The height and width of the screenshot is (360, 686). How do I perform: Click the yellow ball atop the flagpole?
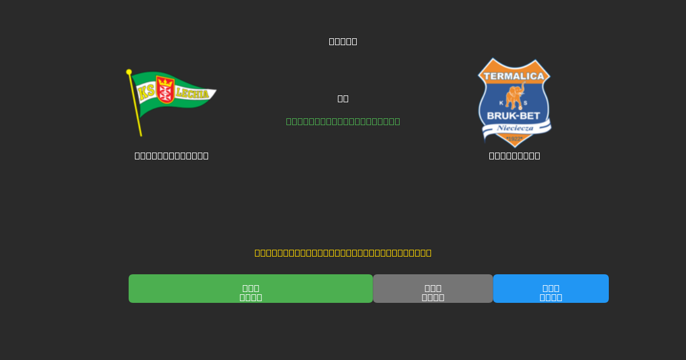point(129,72)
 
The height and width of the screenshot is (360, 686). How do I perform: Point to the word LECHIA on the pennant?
point(192,94)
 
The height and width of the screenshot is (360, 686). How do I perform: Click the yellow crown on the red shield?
point(165,82)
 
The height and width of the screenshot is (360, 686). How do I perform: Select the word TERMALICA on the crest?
point(514,76)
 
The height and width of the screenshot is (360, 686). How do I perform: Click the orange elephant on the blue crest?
point(515,95)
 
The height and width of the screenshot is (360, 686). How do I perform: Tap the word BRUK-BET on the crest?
point(513,116)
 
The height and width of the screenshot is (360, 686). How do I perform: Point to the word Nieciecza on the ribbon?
point(515,128)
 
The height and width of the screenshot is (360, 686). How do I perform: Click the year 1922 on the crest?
point(514,139)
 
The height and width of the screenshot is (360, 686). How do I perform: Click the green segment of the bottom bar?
point(250,289)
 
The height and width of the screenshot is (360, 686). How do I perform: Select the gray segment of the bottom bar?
point(433,289)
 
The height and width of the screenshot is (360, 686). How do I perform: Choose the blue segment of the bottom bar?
point(551,289)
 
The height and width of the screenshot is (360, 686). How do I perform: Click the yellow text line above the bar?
point(343,253)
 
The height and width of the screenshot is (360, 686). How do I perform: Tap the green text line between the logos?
point(343,121)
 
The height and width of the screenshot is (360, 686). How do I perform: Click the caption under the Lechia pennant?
point(171,155)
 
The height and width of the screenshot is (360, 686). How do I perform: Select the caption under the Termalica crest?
point(514,155)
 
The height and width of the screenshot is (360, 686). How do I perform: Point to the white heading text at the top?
point(343,41)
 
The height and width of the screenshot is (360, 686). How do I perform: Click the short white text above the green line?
point(343,98)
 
